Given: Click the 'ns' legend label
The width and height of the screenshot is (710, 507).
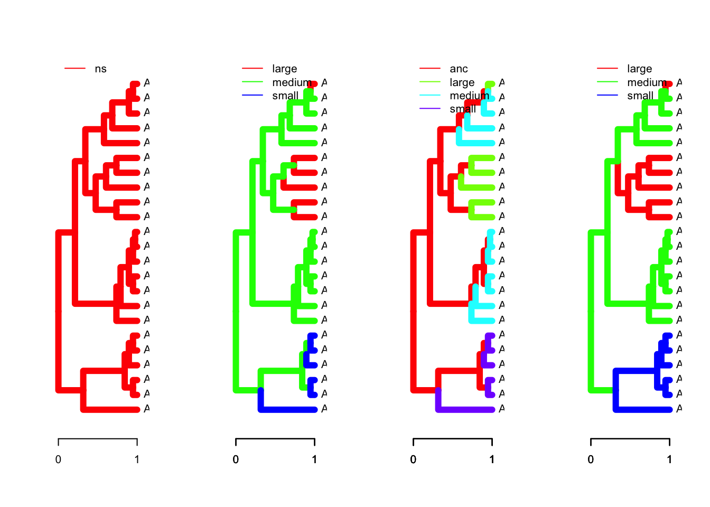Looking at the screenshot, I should pyautogui.click(x=100, y=69).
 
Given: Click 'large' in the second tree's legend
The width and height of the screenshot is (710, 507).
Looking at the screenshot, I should pyautogui.click(x=284, y=69).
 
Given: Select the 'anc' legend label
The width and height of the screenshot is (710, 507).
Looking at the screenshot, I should pyautogui.click(x=459, y=69).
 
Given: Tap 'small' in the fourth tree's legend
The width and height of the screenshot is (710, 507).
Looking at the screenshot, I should pyautogui.click(x=640, y=96).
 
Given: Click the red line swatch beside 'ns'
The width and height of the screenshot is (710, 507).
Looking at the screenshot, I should pyautogui.click(x=75, y=69).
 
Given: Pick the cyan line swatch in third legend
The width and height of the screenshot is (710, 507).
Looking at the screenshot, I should pyautogui.click(x=430, y=96).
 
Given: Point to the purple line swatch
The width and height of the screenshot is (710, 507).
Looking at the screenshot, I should pyautogui.click(x=430, y=109).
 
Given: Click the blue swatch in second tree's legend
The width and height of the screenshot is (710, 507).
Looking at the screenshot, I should pyautogui.click(x=253, y=96).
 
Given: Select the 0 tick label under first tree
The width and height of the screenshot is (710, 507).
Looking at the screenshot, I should pyautogui.click(x=58, y=459).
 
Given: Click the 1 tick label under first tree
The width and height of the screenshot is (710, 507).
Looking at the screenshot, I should pyautogui.click(x=137, y=459).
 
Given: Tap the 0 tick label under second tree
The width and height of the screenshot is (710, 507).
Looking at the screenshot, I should pyautogui.click(x=236, y=459).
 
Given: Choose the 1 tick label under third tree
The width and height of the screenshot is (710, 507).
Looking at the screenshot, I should pyautogui.click(x=492, y=459).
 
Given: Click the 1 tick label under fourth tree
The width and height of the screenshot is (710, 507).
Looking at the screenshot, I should pyautogui.click(x=669, y=459).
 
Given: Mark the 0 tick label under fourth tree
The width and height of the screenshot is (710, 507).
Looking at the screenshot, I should pyautogui.click(x=591, y=459).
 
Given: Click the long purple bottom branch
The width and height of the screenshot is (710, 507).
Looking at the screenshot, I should pyautogui.click(x=465, y=409).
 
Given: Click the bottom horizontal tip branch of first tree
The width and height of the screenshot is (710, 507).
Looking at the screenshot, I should pyautogui.click(x=111, y=409).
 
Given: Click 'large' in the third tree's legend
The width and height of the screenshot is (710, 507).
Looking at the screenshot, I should pyautogui.click(x=462, y=82).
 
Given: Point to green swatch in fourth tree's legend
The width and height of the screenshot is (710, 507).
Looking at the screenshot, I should pyautogui.click(x=608, y=82).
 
